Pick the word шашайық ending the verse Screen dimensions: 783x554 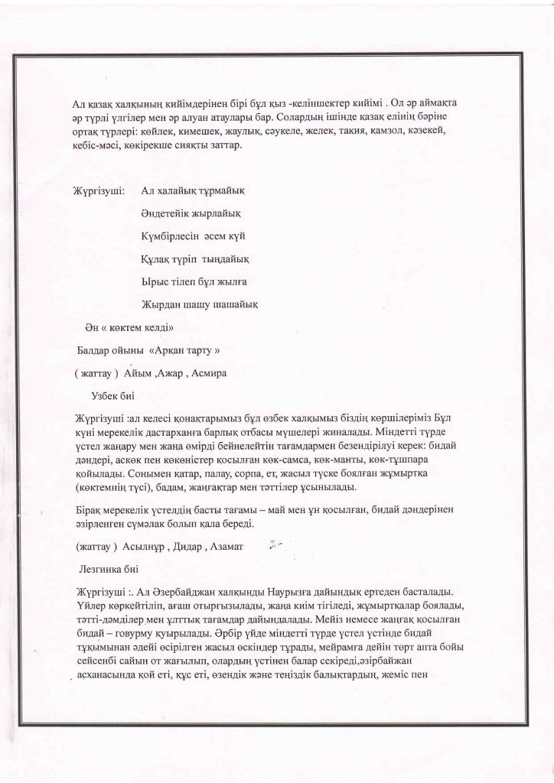(x=233, y=304)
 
